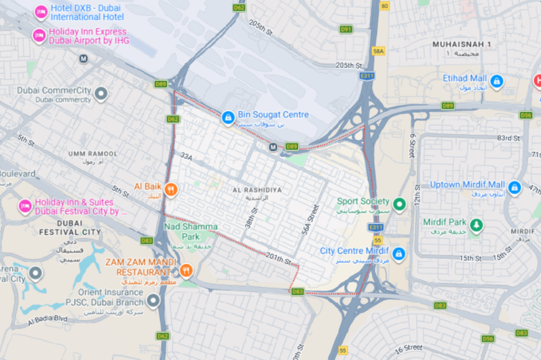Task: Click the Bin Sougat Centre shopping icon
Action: pyautogui.click(x=229, y=118)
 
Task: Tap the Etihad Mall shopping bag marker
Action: pyautogui.click(x=497, y=82)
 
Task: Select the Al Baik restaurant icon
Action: pyautogui.click(x=170, y=190)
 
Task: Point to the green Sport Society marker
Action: pyautogui.click(x=400, y=203)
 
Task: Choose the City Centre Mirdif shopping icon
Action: pyautogui.click(x=398, y=254)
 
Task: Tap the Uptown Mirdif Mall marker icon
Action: pyautogui.click(x=515, y=187)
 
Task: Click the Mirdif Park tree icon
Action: pyautogui.click(x=477, y=225)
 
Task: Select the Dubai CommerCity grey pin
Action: pyautogui.click(x=101, y=93)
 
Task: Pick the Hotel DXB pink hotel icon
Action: pyautogui.click(x=40, y=12)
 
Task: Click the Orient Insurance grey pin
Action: pyautogui.click(x=154, y=300)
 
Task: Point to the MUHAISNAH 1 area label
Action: pyautogui.click(x=461, y=44)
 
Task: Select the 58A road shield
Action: pyautogui.click(x=378, y=51)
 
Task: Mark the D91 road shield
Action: pyautogui.click(x=346, y=29)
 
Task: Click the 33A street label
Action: pyautogui.click(x=187, y=156)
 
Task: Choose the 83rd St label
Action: pyautogui.click(x=508, y=138)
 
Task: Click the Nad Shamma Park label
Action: pyautogui.click(x=191, y=226)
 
